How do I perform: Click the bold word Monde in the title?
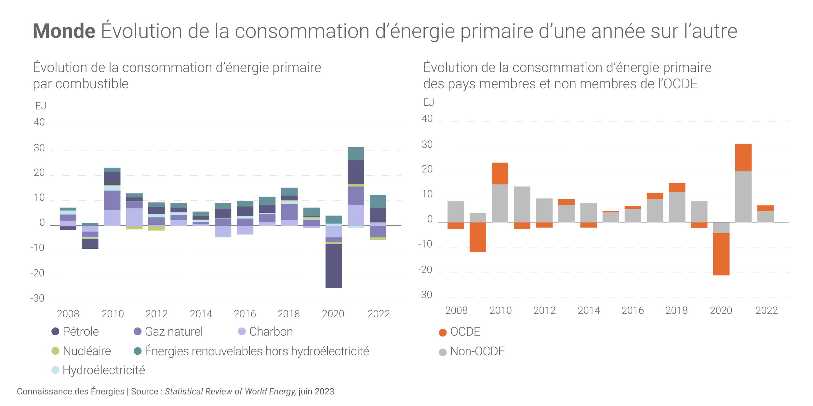point(64,31)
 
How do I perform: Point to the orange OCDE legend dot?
point(443,333)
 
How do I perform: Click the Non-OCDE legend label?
point(477,351)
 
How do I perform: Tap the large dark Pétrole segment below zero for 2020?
point(334,266)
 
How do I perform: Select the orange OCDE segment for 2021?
point(743,158)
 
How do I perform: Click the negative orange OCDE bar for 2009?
point(478,237)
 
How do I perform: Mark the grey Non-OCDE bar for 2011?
point(522,204)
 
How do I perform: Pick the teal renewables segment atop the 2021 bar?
point(356,154)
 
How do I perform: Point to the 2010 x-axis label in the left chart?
point(113,314)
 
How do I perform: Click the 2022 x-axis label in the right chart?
point(766,311)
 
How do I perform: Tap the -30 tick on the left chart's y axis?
point(37,298)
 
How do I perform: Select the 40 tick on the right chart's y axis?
point(427,119)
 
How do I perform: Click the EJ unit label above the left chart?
point(41,106)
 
